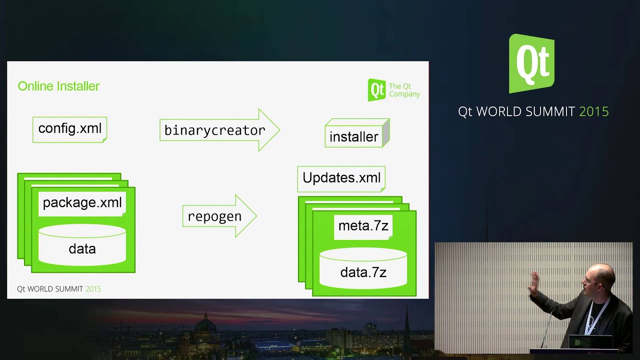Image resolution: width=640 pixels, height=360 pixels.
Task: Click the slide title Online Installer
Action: coord(58,86)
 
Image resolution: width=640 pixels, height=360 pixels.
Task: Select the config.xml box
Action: coord(69,129)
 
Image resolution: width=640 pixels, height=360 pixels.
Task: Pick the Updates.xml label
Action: coord(341,178)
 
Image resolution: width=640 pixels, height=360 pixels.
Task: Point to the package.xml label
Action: coord(82,203)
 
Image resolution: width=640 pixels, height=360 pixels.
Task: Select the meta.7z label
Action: coord(363,226)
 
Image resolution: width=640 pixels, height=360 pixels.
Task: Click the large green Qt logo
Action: coord(531,63)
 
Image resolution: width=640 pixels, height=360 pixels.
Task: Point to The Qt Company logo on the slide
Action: coord(394,90)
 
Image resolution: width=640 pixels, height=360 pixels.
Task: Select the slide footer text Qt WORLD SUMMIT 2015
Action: coord(59,289)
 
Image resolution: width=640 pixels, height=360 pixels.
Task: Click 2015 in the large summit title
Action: coord(593,111)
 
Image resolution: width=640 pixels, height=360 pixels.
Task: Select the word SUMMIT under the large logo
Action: coord(550,111)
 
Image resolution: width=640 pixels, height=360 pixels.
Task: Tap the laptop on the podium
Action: coord(590,342)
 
